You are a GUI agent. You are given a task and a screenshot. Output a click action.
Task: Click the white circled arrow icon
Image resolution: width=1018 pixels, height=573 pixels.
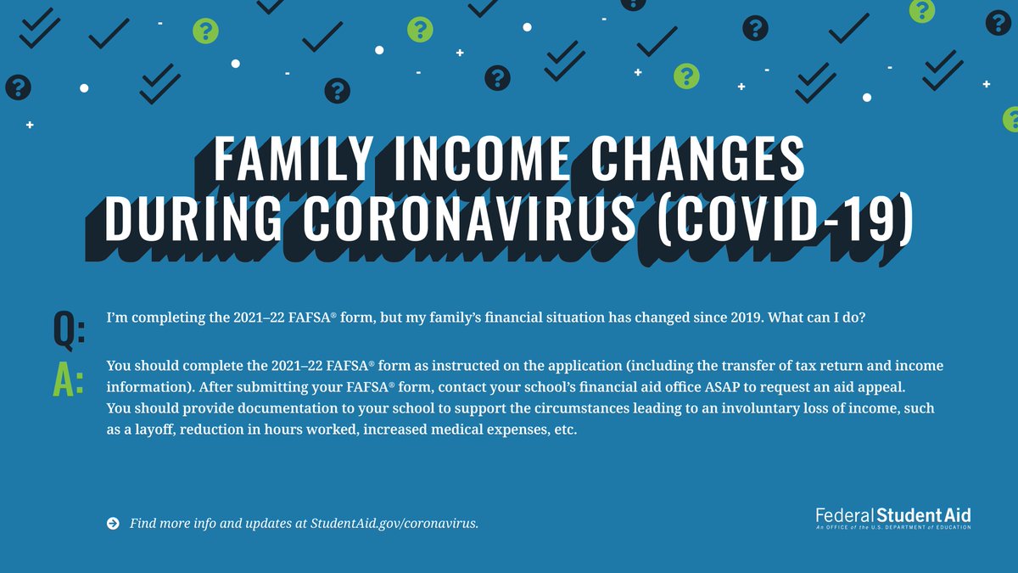[113, 523]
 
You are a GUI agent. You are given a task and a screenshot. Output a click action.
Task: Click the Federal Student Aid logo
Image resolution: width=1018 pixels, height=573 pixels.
[892, 517]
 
